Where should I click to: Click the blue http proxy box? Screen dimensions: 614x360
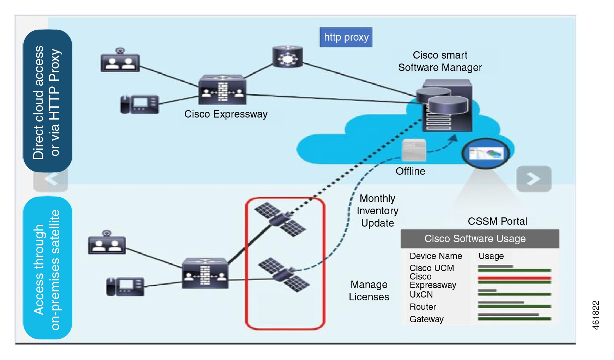[x=346, y=37]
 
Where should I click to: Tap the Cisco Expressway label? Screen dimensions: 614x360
[x=226, y=114]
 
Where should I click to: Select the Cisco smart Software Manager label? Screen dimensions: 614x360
[x=440, y=61]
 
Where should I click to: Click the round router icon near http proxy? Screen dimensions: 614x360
[x=287, y=57]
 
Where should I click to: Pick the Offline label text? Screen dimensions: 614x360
[x=410, y=171]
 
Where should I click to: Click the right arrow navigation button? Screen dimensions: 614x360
[x=534, y=179]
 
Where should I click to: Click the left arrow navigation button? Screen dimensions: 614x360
[x=50, y=179]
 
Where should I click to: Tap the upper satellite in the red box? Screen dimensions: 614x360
[x=280, y=219]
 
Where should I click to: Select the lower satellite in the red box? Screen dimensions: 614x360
[x=284, y=275]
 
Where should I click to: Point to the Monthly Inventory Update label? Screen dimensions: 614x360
[x=377, y=211]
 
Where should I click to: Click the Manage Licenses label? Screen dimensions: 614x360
[x=369, y=290]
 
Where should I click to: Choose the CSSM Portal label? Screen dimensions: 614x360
[x=497, y=221]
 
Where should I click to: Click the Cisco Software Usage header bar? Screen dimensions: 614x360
[x=480, y=239]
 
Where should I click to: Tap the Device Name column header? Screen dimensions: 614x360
[x=436, y=256]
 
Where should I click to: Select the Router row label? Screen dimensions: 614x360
[x=422, y=307]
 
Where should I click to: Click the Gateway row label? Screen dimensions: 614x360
[x=426, y=319]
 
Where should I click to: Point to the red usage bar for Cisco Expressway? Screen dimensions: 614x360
[x=514, y=278]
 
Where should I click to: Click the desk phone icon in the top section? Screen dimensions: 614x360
[x=139, y=104]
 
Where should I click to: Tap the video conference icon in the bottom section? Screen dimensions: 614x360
[x=107, y=243]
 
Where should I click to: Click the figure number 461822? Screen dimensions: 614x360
[x=595, y=315]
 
